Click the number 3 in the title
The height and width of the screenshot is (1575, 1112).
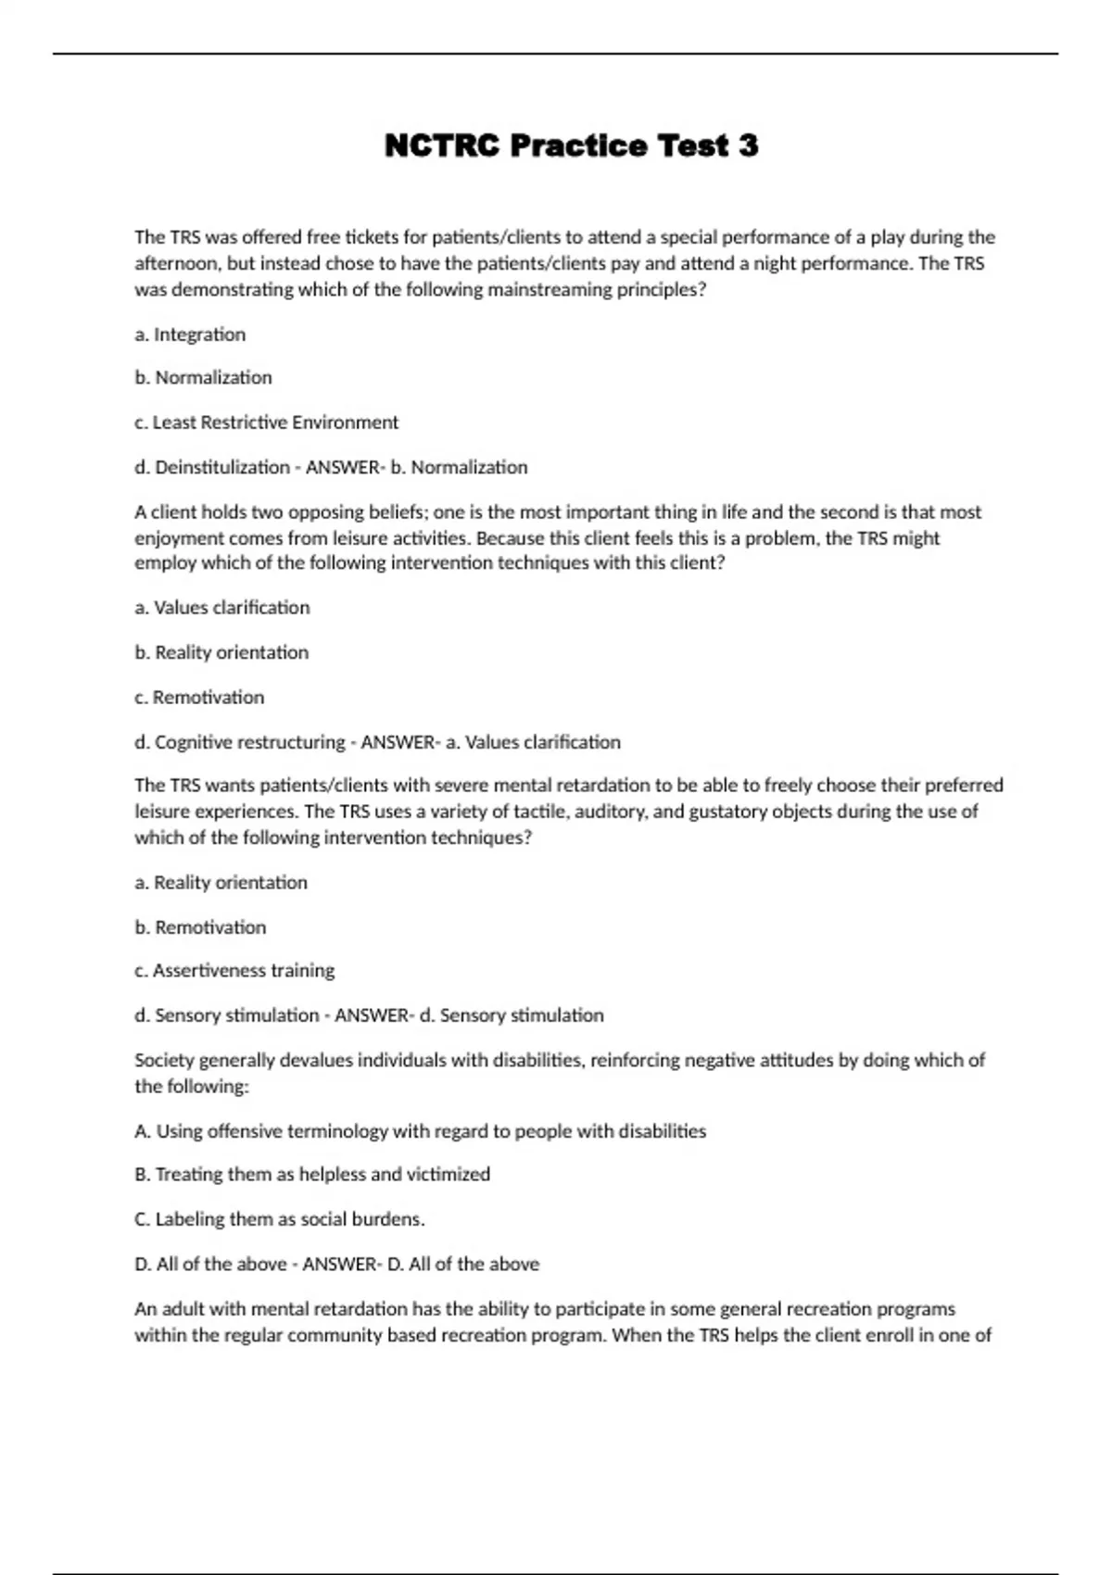[x=748, y=145]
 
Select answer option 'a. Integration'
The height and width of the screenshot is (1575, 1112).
[x=190, y=334]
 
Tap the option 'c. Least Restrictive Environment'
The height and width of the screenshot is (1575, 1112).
[x=266, y=422]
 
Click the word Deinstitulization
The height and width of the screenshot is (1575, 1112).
[x=222, y=467]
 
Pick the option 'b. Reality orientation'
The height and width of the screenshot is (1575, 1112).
[x=221, y=652]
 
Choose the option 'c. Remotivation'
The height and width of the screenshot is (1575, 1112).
[x=199, y=697]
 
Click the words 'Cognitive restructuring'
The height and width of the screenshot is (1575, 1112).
[x=249, y=742]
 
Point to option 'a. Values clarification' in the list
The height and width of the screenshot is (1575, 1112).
[x=222, y=608]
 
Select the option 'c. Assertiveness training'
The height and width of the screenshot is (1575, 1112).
[x=234, y=970]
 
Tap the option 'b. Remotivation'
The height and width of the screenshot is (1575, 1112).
[x=200, y=926]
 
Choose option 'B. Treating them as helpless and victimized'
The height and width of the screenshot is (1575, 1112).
[x=312, y=1174]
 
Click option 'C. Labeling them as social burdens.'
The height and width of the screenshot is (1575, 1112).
[x=280, y=1218]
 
